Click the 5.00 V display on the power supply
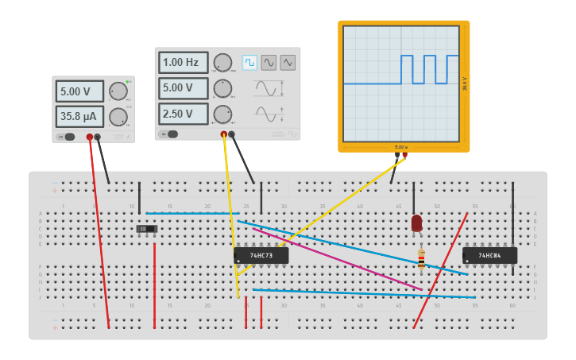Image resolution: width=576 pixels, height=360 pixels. point(80,91)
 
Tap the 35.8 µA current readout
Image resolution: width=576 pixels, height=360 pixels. point(80,117)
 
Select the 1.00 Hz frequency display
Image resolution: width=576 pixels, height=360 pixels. point(183,63)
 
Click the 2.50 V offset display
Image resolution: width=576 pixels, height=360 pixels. point(183,114)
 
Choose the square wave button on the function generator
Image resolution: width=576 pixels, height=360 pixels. point(249,62)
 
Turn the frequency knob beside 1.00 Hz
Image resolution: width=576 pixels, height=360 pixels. point(223,63)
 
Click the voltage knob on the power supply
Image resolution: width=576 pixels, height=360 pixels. point(118,91)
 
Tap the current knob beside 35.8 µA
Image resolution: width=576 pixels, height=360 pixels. point(118,117)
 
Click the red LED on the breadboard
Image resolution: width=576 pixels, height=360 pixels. point(417,223)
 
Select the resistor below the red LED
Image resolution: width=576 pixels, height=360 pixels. point(421,258)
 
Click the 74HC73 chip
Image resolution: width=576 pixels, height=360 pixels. point(261,256)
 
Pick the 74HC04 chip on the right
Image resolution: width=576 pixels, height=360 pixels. point(489,255)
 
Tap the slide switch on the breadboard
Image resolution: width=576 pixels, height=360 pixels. point(147,229)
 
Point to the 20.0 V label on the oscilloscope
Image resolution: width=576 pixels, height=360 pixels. point(465,83)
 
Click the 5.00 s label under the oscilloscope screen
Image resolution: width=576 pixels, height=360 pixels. point(401,148)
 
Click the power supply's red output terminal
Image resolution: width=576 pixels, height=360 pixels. point(90,137)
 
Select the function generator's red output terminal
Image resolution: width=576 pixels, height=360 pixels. point(224,134)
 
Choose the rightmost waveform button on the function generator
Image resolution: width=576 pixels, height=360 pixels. point(288,62)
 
